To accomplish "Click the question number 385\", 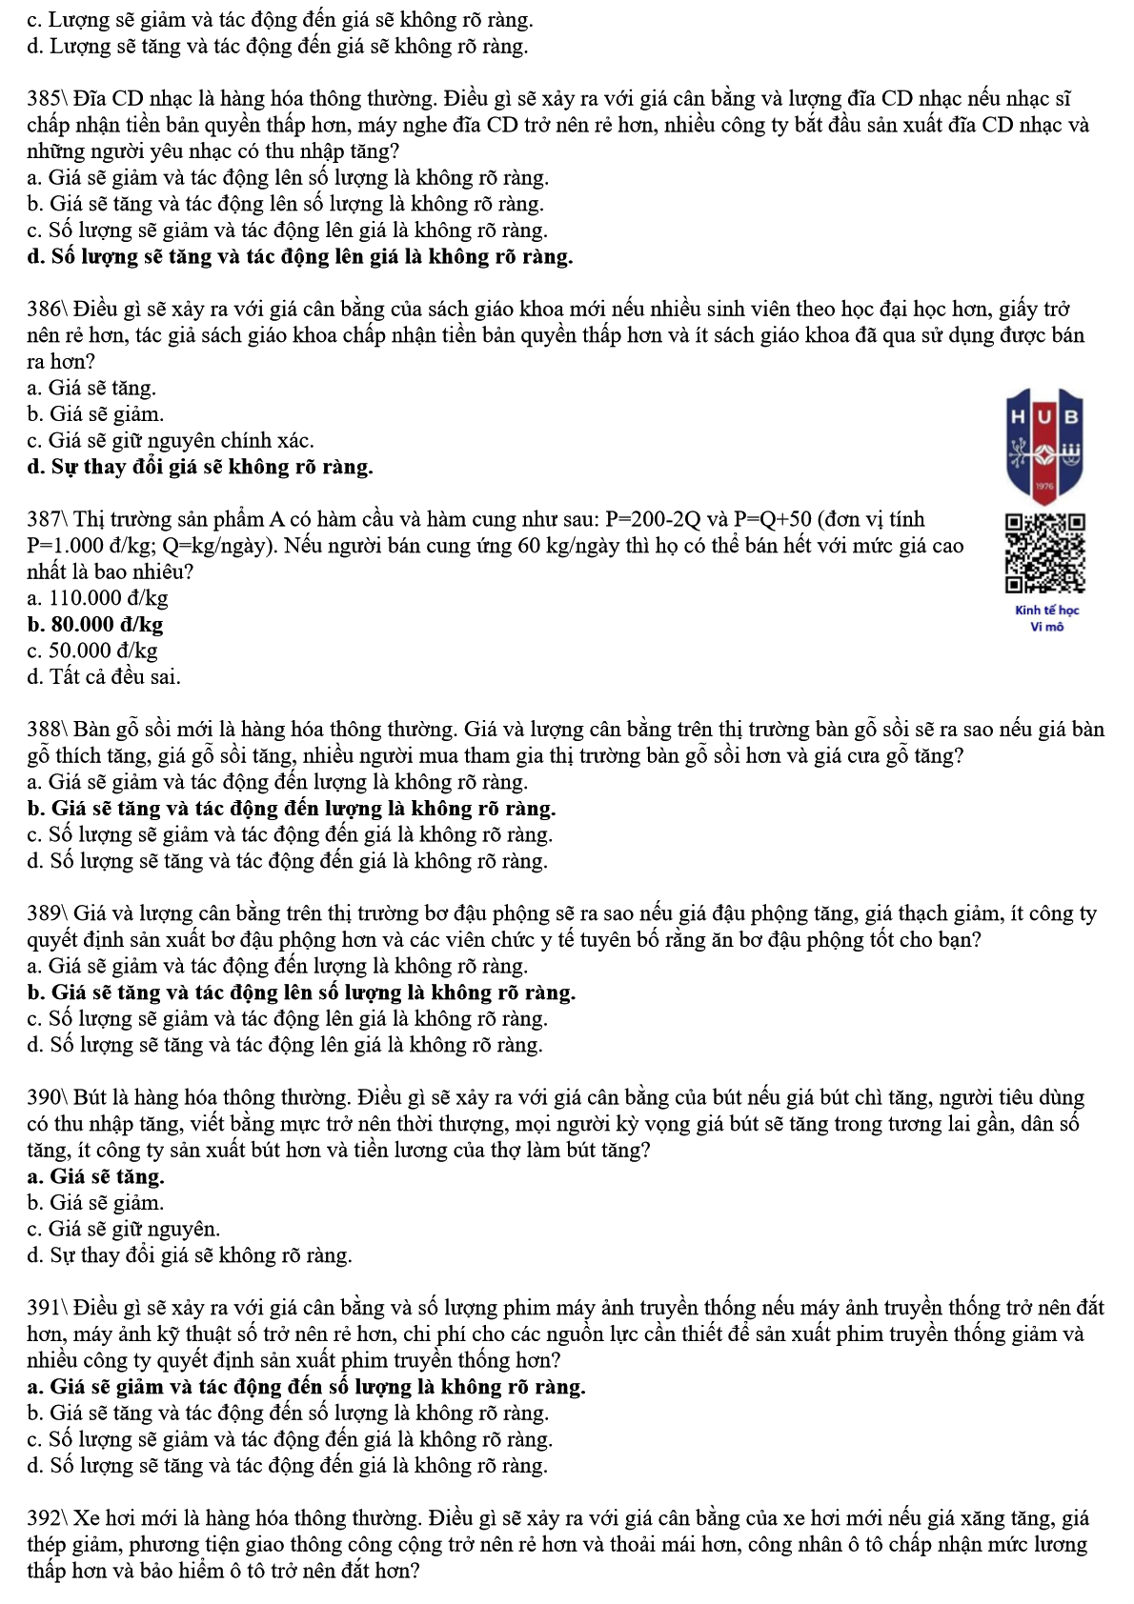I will point(48,99).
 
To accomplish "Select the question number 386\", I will point(48,310).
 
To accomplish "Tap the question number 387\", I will point(48,520).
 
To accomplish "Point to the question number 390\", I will point(48,1098).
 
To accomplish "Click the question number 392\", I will point(48,1518).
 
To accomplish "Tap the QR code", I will point(1045,553).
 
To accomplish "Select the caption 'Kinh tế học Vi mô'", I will point(1046,618).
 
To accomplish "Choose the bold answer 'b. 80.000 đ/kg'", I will point(95,625).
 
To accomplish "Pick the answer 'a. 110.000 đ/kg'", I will point(98,598).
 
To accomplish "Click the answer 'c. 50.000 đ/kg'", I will point(92,651).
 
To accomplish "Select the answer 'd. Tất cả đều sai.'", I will point(104,677).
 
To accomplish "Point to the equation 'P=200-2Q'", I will point(653,520).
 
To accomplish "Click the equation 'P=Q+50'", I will point(772,520).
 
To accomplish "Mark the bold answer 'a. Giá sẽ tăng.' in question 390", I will point(96,1176).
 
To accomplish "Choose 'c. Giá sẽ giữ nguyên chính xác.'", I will point(171,441).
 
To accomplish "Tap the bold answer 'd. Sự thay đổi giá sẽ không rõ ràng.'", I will point(200,467).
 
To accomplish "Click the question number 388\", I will point(48,731).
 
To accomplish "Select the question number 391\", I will point(48,1308).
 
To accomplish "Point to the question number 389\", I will point(48,914).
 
